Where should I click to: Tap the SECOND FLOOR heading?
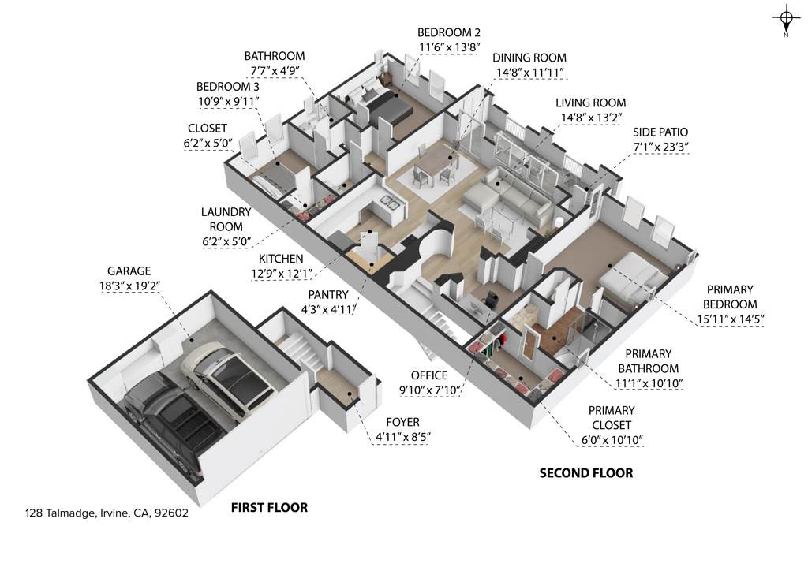coord(586,472)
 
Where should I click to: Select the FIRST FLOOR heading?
coord(269,507)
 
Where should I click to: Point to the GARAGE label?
coord(129,271)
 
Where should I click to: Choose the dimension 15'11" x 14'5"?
coord(730,319)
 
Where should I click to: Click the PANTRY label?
coord(327,294)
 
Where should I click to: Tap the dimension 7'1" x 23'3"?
coord(660,147)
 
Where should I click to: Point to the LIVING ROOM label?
coord(590,103)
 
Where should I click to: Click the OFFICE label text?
coord(428,375)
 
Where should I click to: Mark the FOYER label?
coord(402,422)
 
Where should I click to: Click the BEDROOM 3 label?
coord(228,87)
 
